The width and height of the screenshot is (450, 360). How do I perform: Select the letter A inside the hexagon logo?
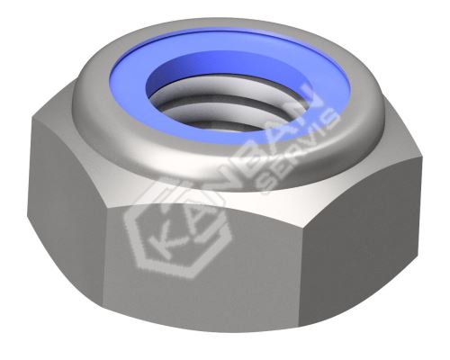click(x=196, y=223)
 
